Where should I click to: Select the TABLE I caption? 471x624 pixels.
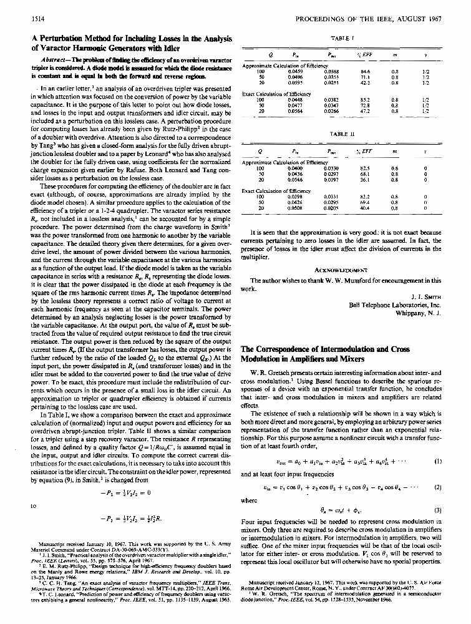343,37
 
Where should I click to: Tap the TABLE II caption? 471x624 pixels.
343,133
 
